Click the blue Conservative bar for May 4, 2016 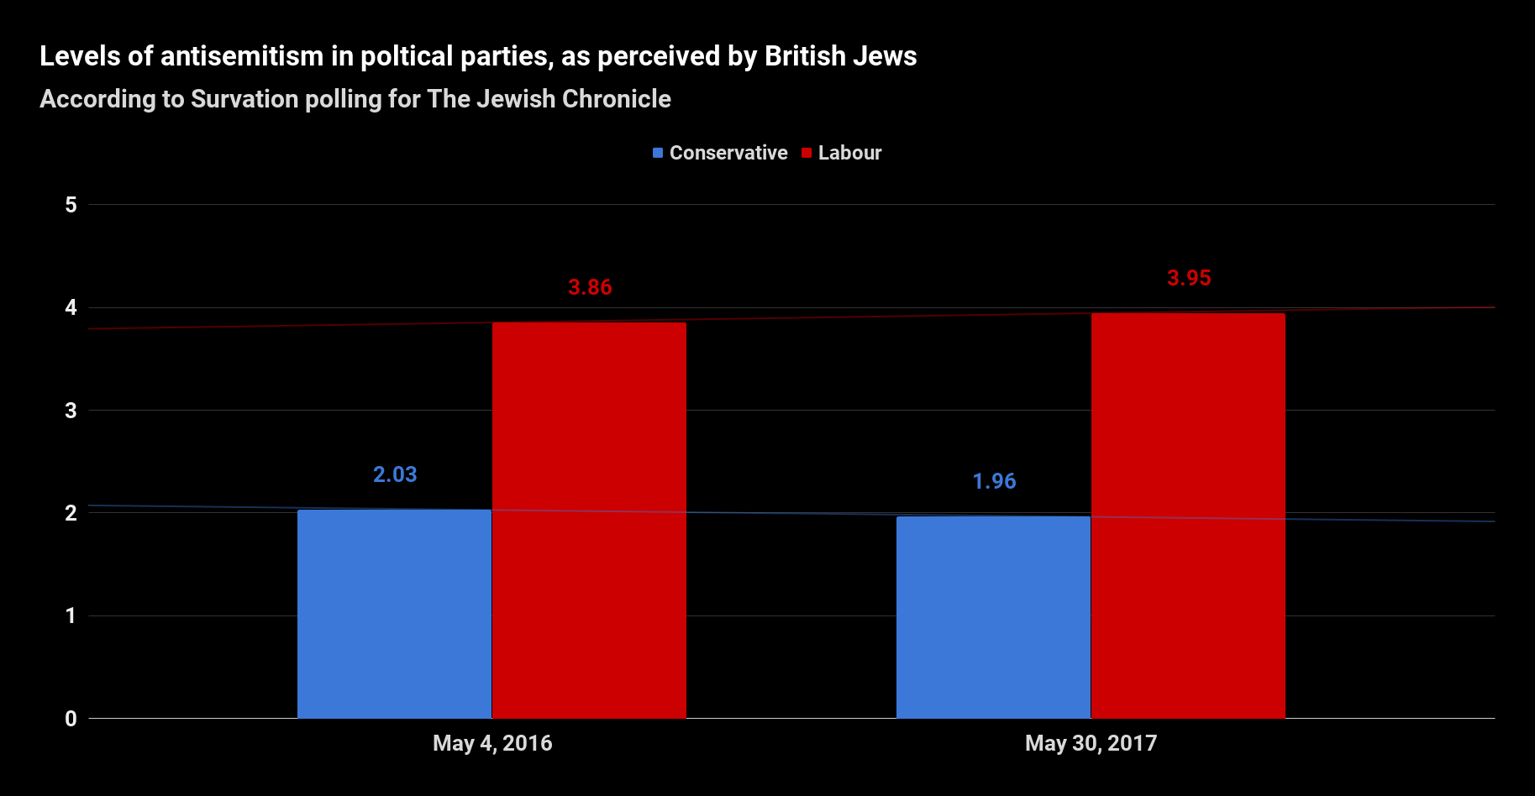(x=394, y=613)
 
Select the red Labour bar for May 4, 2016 (x=589, y=521)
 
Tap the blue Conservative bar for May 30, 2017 (x=993, y=617)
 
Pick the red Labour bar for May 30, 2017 (x=1188, y=516)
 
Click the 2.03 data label (x=395, y=474)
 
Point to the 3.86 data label (x=590, y=287)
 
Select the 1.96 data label (x=994, y=481)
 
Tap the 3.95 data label (x=1189, y=278)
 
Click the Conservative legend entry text (x=728, y=153)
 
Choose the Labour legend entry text (x=849, y=153)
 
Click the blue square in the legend (x=658, y=153)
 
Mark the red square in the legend (x=807, y=153)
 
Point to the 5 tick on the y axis (x=71, y=205)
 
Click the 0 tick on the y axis (x=71, y=719)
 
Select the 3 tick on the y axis (x=71, y=411)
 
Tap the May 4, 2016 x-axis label (x=492, y=743)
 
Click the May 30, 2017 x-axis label (x=1091, y=743)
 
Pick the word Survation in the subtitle (x=244, y=99)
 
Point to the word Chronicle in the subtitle (x=616, y=99)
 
